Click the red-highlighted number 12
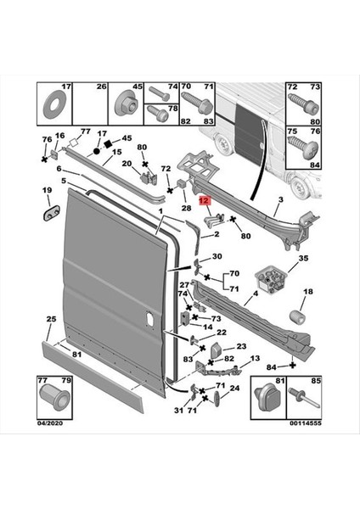coord(205,201)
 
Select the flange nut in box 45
coord(125,103)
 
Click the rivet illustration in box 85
coord(306,398)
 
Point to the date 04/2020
coord(50,423)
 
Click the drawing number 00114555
coord(306,423)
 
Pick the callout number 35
coord(303,259)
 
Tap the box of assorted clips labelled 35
coord(272,280)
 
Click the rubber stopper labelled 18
coord(297,317)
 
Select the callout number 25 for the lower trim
coord(51,319)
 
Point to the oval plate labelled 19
coord(50,213)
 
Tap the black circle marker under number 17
coord(96,151)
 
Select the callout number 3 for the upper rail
coord(281,199)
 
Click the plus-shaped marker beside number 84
coord(292,365)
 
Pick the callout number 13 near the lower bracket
coord(255,358)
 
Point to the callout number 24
coord(234,389)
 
